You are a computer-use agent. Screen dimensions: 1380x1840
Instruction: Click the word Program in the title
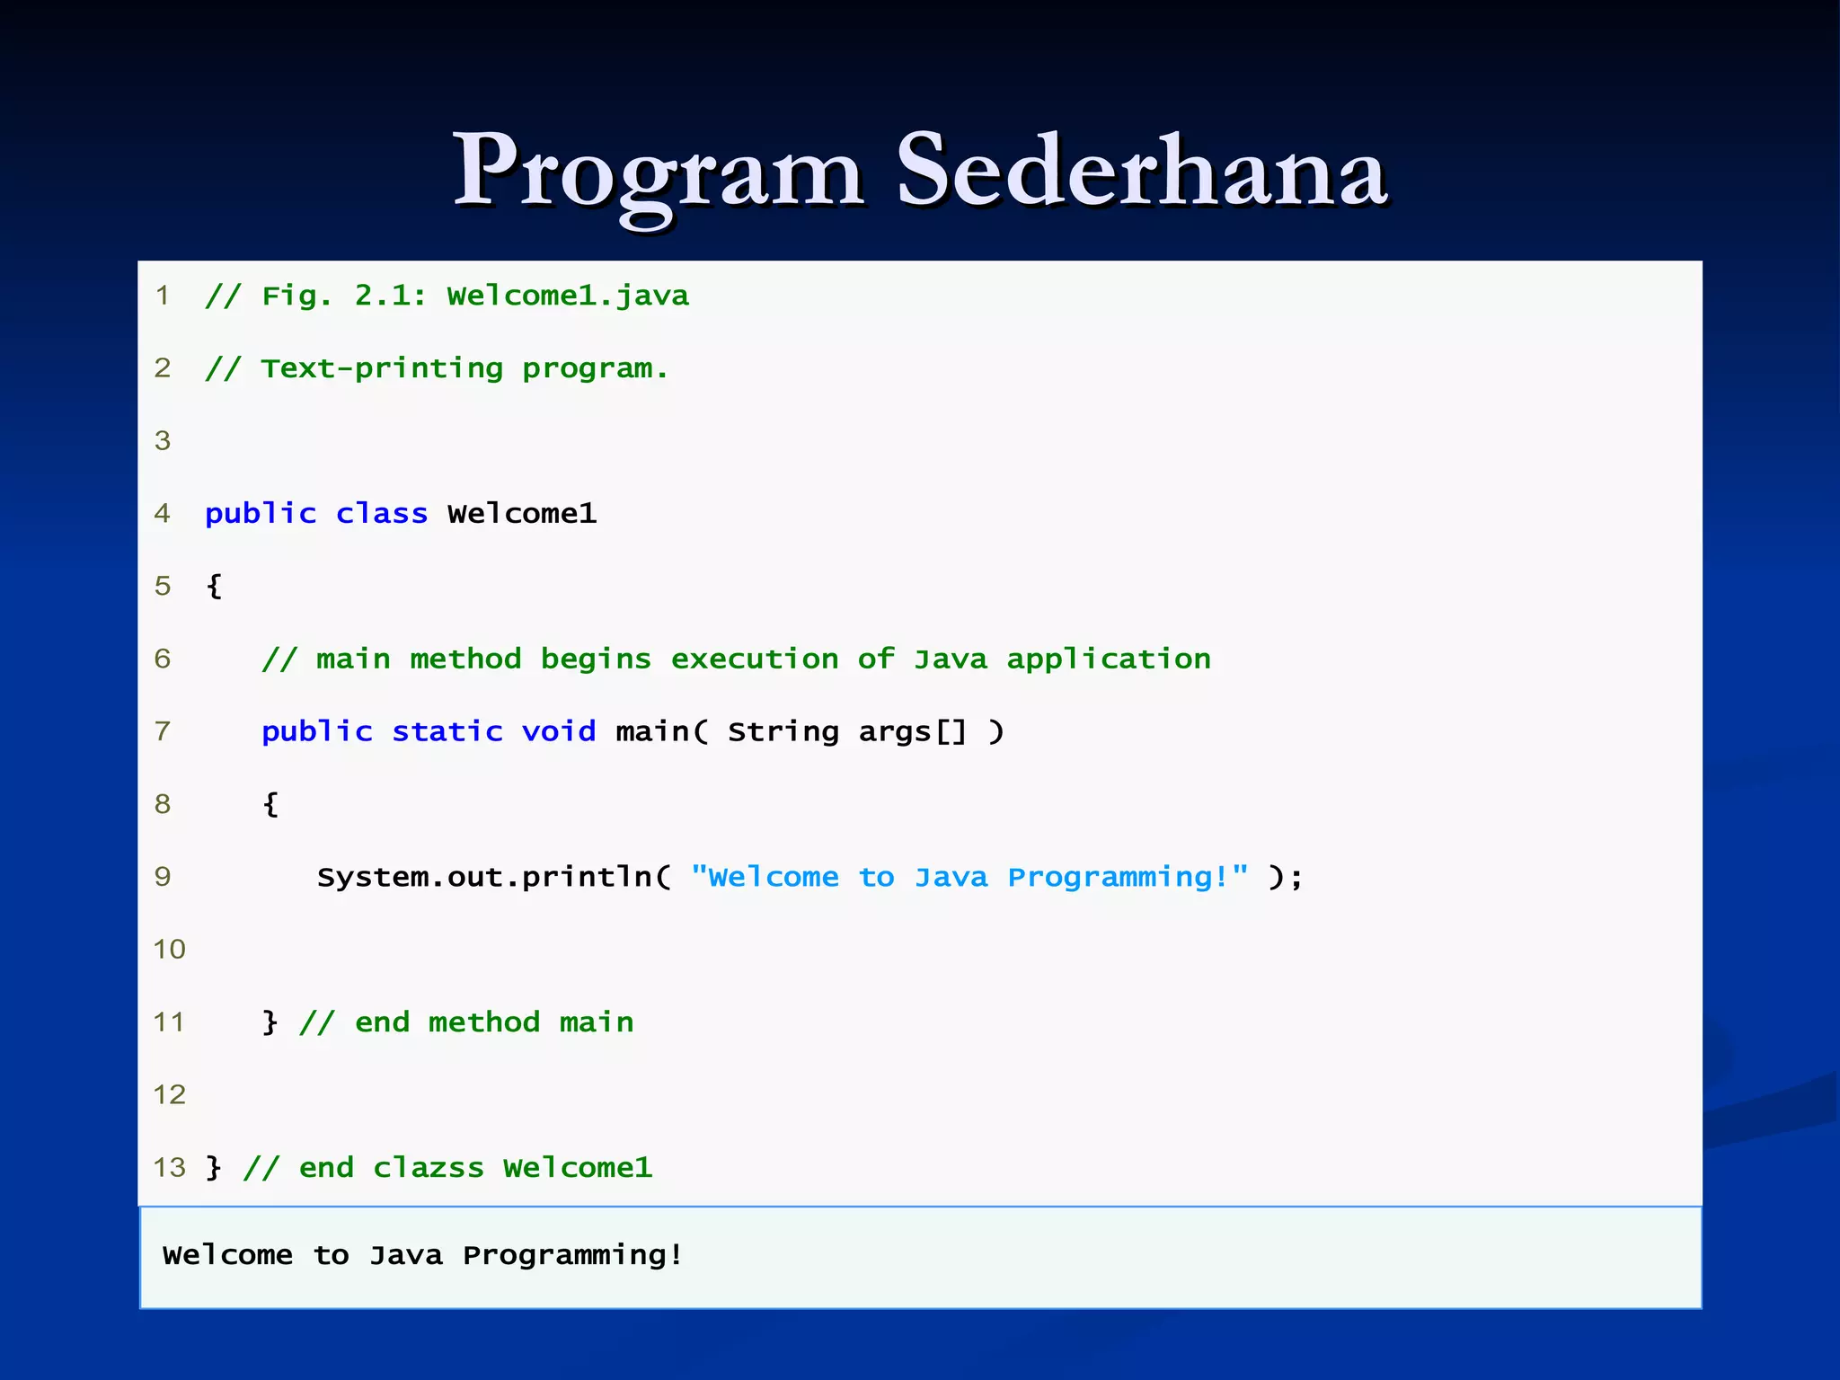659,171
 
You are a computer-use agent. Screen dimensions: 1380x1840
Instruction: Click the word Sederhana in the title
1142,171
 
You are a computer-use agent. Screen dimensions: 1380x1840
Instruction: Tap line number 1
163,295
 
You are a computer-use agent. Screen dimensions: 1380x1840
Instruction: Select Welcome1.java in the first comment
568,296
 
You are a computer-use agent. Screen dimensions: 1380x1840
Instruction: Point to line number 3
163,440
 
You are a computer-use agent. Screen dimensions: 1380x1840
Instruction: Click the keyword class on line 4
382,513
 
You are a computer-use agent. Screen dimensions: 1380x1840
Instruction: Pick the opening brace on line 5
214,586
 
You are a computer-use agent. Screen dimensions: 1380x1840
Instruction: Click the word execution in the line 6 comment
754,659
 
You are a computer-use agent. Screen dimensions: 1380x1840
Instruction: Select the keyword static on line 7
447,731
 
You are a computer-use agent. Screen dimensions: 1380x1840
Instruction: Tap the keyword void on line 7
558,731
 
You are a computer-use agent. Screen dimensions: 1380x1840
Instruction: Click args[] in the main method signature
912,731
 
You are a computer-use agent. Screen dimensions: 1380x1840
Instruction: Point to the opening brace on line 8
270,803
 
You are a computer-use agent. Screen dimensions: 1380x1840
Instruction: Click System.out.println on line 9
485,877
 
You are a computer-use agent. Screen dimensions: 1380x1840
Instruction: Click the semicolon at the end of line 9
1296,878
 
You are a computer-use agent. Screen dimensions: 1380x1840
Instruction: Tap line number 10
169,949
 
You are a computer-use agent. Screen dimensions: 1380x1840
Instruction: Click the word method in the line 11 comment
483,1022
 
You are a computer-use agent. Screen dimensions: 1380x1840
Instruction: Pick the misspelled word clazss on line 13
428,1168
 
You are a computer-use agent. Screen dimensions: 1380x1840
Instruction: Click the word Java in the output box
406,1255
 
